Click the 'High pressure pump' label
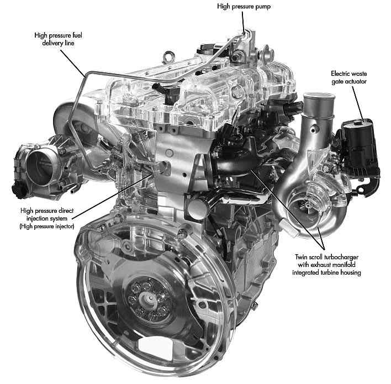[244, 7]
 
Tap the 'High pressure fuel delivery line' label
[58, 39]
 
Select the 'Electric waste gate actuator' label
[349, 77]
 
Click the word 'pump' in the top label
[262, 7]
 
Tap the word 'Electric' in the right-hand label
[340, 73]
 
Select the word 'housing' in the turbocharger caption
[350, 273]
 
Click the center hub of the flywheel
[147, 299]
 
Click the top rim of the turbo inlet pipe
[319, 96]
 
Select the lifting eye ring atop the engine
[168, 57]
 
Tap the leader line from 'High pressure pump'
[244, 22]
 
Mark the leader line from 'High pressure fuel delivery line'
[72, 62]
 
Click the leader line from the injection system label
[112, 197]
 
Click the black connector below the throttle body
[19, 191]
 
